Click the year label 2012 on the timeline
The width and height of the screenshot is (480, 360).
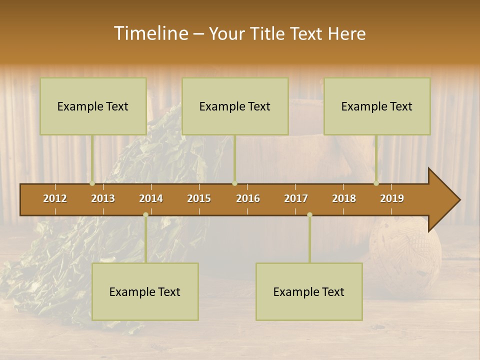[x=55, y=198]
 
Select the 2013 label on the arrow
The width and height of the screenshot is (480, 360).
[x=103, y=198]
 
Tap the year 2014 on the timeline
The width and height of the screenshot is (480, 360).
[x=151, y=198]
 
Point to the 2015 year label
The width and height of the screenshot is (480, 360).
[x=199, y=198]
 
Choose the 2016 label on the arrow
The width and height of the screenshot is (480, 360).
[x=248, y=198]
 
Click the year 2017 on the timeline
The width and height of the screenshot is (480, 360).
[x=296, y=198]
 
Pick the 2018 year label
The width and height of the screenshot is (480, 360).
[x=344, y=198]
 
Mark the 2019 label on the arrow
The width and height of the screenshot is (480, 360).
[x=392, y=198]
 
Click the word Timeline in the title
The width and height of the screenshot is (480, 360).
[x=150, y=33]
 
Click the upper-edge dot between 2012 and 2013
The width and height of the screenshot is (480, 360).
[x=92, y=183]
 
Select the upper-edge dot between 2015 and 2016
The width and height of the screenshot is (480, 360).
[x=234, y=183]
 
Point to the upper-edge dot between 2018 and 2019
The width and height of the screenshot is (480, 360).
[x=376, y=183]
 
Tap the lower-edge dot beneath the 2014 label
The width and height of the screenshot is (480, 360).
[x=145, y=215]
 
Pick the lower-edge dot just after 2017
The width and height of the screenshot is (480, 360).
[x=309, y=215]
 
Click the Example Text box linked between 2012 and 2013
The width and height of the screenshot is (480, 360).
[x=93, y=106]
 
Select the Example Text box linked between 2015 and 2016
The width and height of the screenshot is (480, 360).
[x=235, y=106]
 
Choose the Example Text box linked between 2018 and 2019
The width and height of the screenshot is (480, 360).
[x=377, y=106]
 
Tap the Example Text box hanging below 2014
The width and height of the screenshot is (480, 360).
[x=145, y=292]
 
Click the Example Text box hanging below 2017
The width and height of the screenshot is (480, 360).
[x=309, y=292]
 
